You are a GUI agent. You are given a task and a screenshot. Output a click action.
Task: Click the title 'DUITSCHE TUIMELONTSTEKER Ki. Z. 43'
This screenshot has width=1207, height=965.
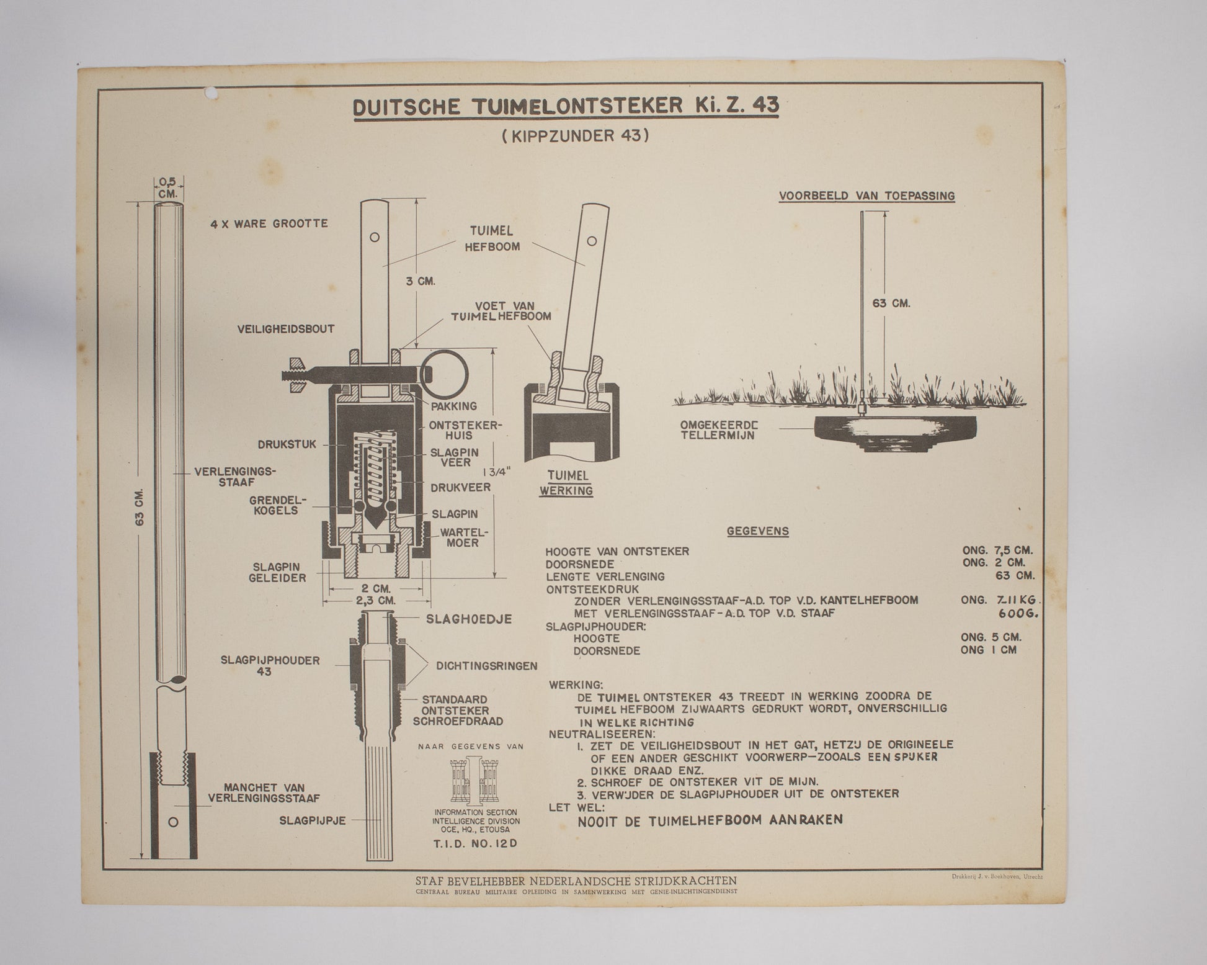pyautogui.click(x=566, y=106)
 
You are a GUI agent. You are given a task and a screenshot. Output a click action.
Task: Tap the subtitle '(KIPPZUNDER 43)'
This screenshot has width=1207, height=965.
pyautogui.click(x=575, y=136)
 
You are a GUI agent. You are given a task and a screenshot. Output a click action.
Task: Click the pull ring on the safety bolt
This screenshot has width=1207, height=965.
pyautogui.click(x=445, y=374)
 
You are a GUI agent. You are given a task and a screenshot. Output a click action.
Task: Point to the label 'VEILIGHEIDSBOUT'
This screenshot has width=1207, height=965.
pyautogui.click(x=286, y=329)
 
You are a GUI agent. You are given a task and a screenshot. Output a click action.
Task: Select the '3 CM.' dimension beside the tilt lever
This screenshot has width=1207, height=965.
pyautogui.click(x=421, y=281)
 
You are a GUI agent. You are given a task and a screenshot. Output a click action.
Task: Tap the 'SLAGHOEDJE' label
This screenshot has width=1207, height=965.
pyautogui.click(x=468, y=619)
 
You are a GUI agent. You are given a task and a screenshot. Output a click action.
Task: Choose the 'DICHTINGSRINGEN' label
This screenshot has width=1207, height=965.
pyautogui.click(x=486, y=666)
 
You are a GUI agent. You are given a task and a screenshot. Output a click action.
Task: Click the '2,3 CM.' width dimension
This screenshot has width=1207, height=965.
pyautogui.click(x=376, y=601)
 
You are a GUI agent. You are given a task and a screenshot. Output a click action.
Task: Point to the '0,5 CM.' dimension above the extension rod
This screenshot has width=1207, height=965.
pyautogui.click(x=167, y=187)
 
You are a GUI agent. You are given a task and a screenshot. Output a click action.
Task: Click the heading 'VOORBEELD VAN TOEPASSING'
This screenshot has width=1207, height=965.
pyautogui.click(x=866, y=196)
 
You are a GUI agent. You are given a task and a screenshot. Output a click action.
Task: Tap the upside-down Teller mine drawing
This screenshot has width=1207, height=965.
pyautogui.click(x=894, y=431)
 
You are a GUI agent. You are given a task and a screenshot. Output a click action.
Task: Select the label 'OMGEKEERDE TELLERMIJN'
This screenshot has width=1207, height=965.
pyautogui.click(x=719, y=430)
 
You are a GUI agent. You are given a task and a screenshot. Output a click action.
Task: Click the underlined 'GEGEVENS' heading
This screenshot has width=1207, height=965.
pyautogui.click(x=757, y=531)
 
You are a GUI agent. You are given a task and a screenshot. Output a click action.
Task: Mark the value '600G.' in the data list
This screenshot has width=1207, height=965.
pyautogui.click(x=1018, y=614)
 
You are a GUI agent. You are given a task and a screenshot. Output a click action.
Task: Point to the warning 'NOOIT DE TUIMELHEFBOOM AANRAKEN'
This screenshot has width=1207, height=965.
pyautogui.click(x=710, y=820)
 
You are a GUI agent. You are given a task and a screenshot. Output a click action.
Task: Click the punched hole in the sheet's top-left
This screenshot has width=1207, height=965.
pyautogui.click(x=212, y=94)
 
